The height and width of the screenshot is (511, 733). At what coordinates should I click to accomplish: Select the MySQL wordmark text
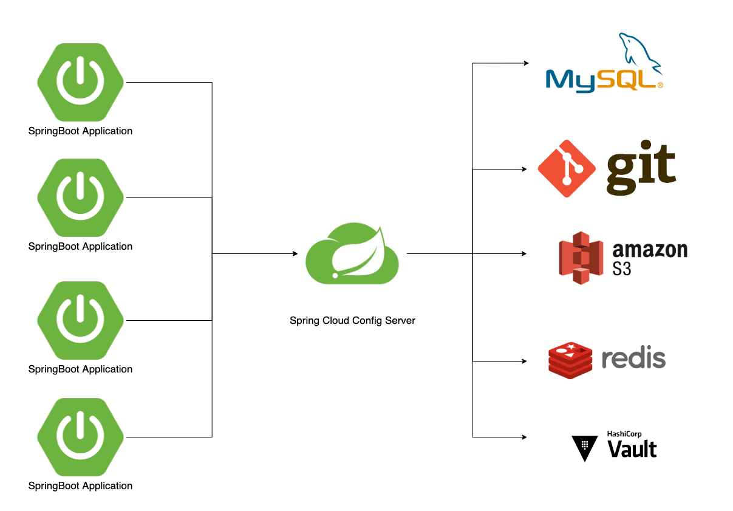point(601,80)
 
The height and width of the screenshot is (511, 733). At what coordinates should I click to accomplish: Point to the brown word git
point(641,168)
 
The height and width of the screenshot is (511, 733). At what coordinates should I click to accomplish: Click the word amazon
point(650,250)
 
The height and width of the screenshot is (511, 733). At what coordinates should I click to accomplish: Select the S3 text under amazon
point(622,268)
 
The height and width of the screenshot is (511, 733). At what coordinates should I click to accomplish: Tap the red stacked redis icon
point(570,360)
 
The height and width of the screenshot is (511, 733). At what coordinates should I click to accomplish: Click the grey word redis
point(633,358)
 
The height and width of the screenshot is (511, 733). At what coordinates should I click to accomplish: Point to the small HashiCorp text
point(624,434)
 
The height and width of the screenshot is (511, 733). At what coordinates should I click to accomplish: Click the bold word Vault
point(632,449)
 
